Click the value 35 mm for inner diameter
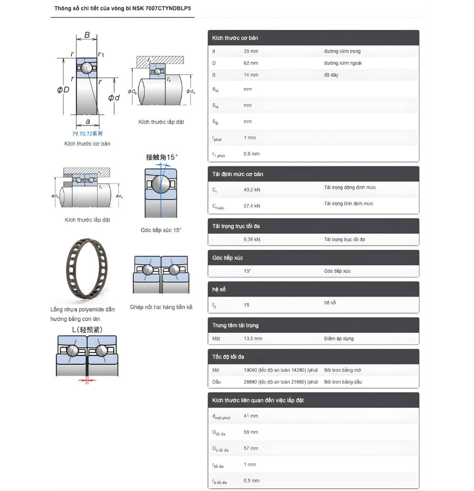click(251, 51)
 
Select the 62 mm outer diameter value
click(251, 63)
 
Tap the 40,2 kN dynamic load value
click(252, 190)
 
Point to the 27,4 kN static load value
click(252, 206)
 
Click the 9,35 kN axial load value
click(252, 240)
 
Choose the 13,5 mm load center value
click(253, 339)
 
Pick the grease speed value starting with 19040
click(281, 370)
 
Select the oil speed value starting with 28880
click(281, 382)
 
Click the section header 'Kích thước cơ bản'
click(235, 37)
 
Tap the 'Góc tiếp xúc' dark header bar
click(228, 258)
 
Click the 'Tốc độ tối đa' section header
click(228, 357)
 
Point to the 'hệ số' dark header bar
click(219, 289)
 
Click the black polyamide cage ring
click(87, 270)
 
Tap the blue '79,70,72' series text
click(87, 134)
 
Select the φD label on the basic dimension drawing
click(63, 89)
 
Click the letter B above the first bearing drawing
click(87, 35)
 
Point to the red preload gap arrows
click(87, 380)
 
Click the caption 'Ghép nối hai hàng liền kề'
click(161, 307)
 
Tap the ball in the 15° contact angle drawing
click(160, 184)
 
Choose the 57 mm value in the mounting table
click(251, 448)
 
